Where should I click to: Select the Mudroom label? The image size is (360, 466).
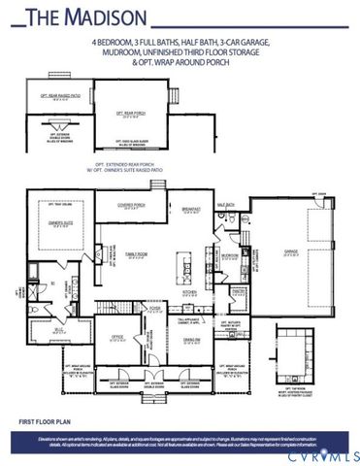[x=230, y=256]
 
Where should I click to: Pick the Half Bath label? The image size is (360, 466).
[x=226, y=206]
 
